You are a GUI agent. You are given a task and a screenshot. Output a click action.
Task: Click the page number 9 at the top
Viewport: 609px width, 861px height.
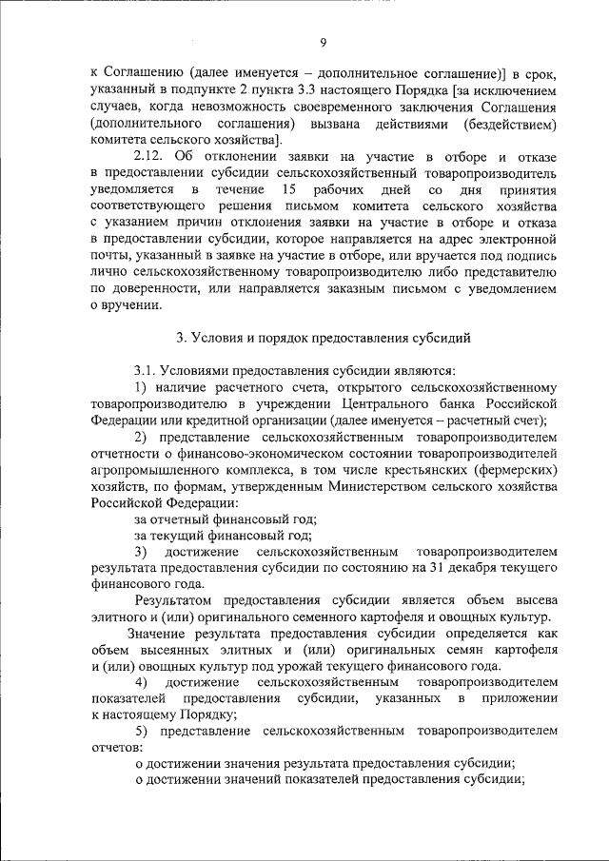pos(324,42)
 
